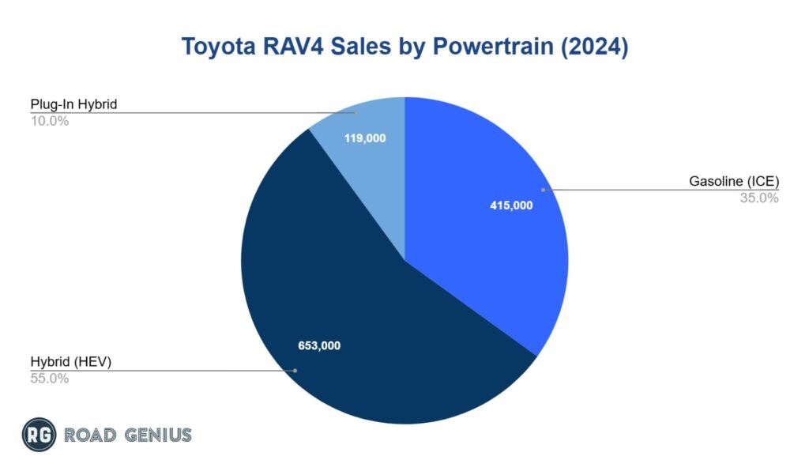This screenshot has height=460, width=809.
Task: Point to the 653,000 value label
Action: click(x=318, y=345)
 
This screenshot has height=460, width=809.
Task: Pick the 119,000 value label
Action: click(x=365, y=138)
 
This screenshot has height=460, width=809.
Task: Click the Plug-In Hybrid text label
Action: click(x=73, y=104)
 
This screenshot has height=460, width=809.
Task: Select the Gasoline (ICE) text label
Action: click(x=734, y=182)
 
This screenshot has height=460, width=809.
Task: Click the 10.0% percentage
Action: click(x=49, y=121)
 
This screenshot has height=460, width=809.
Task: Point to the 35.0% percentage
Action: click(x=758, y=198)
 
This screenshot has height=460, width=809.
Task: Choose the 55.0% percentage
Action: click(x=49, y=379)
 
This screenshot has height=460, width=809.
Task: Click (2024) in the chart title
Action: click(x=589, y=47)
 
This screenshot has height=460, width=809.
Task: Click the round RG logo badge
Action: click(x=39, y=434)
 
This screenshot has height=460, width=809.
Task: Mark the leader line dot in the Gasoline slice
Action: click(x=542, y=190)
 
